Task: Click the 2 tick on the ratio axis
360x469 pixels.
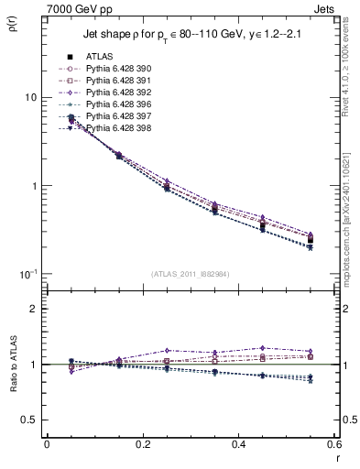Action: [35, 310]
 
